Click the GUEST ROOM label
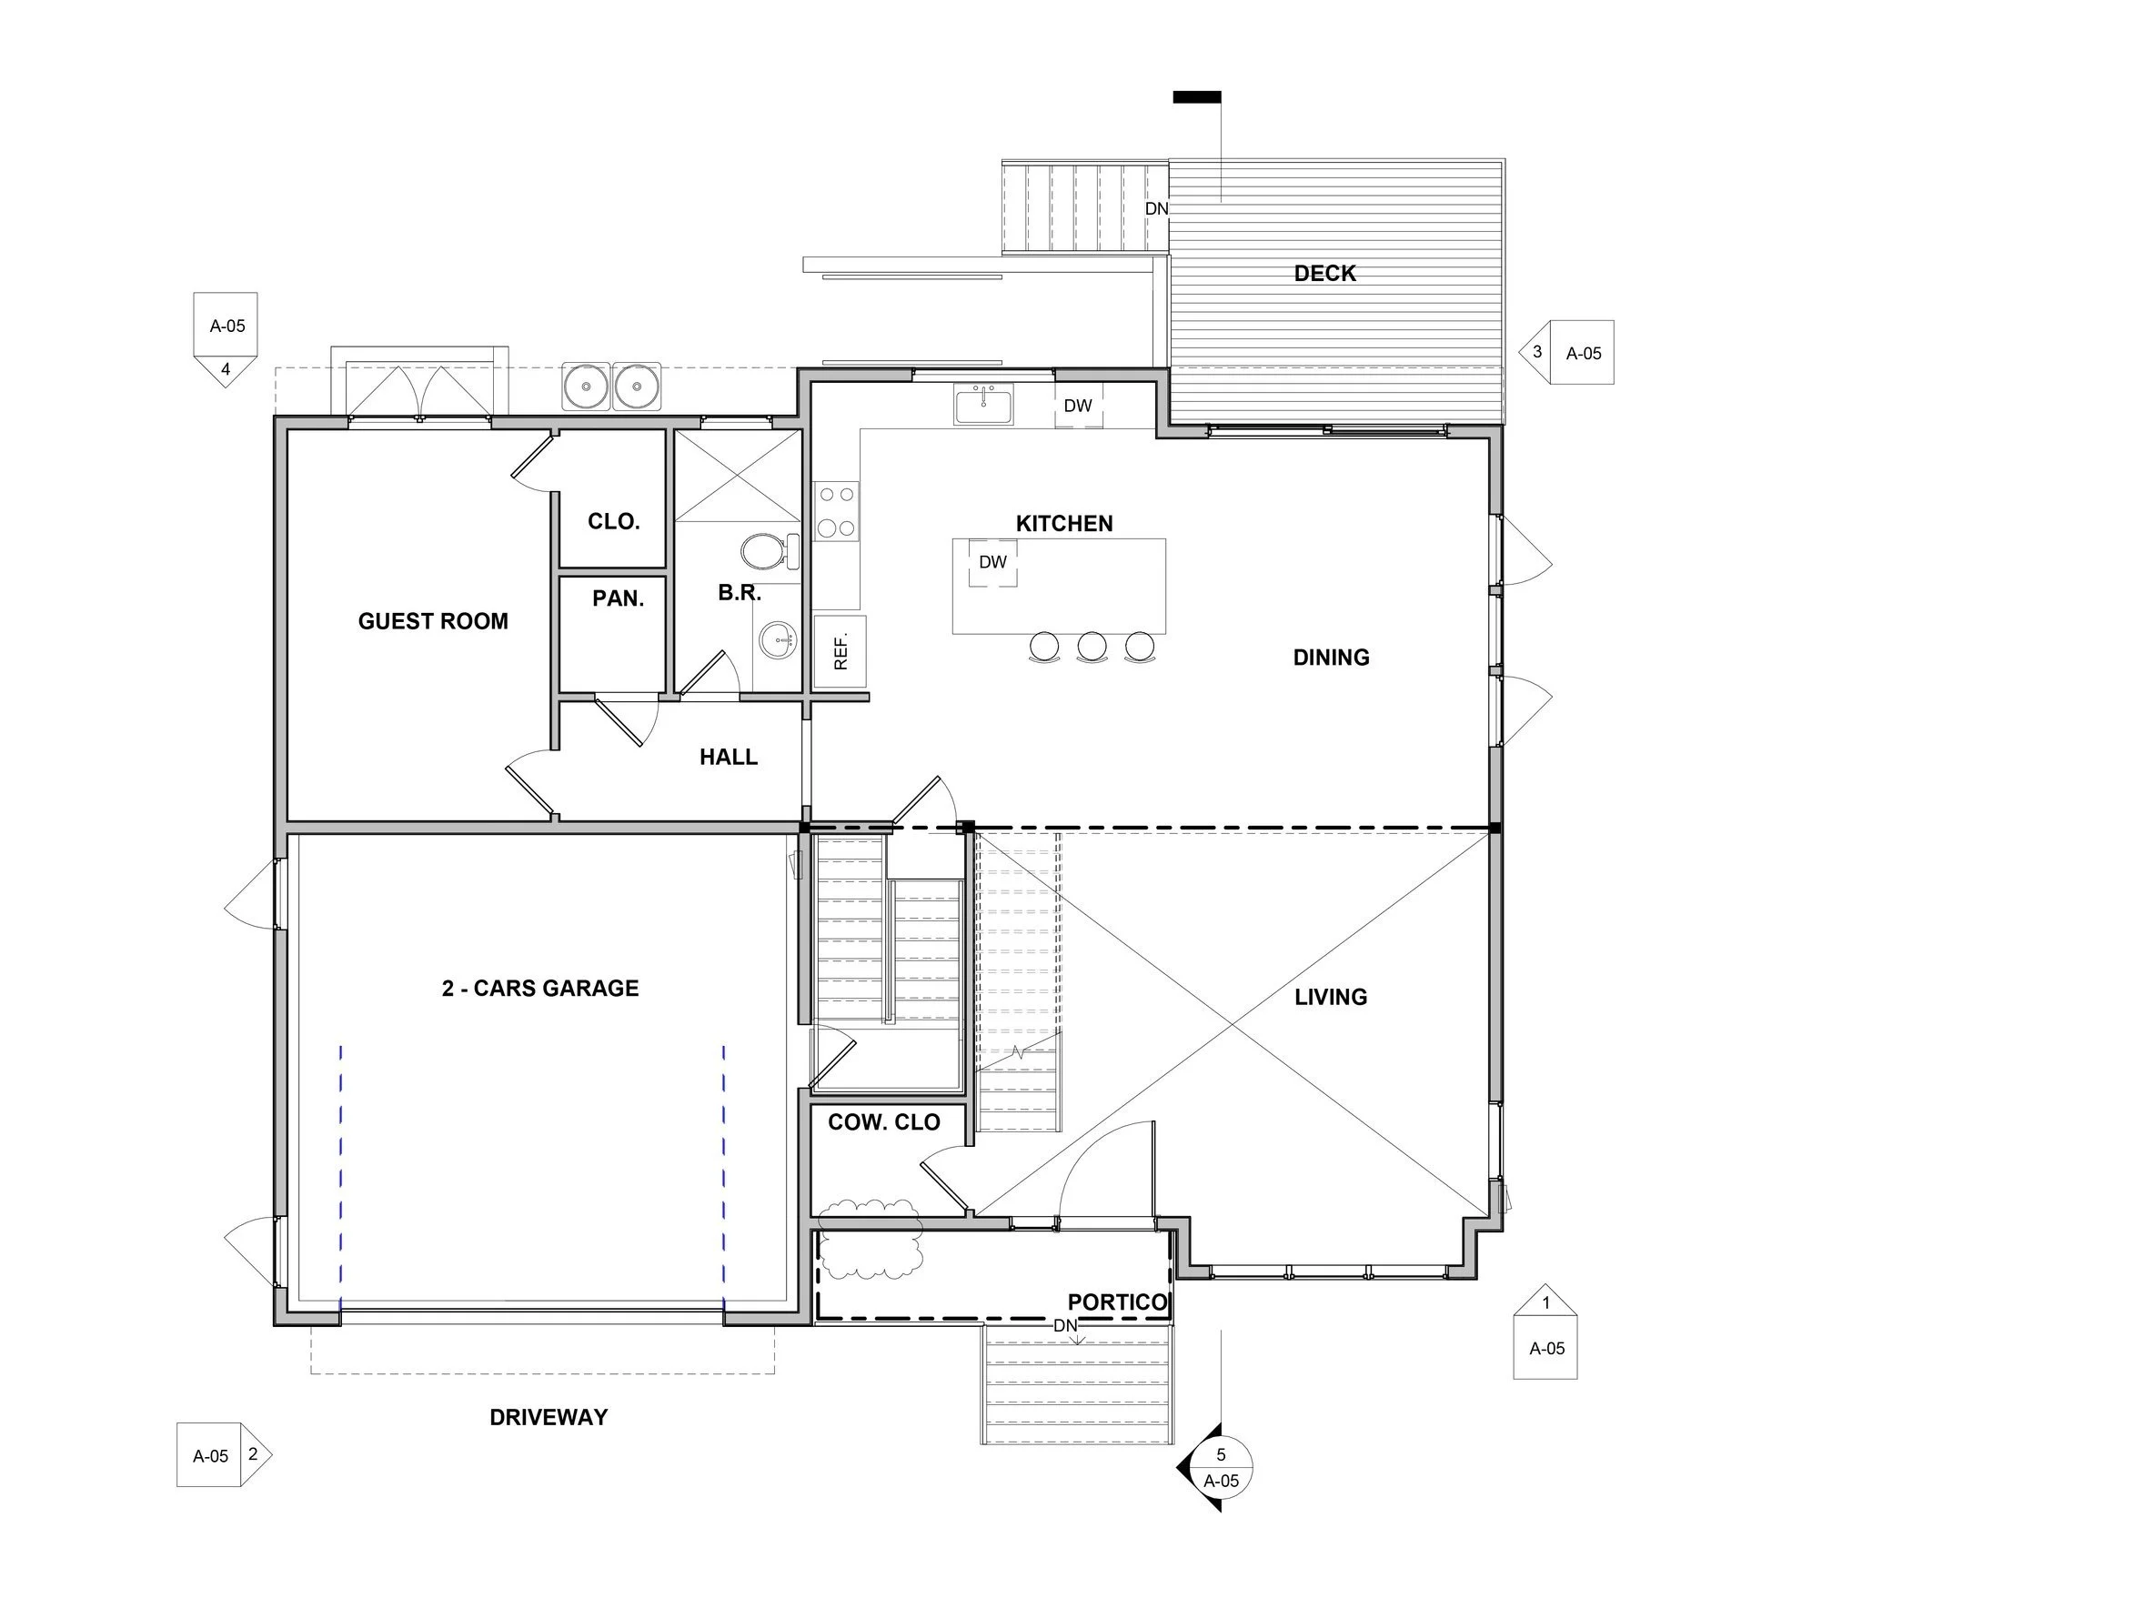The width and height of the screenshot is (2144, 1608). (x=433, y=621)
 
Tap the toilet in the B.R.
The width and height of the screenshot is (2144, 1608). (x=770, y=551)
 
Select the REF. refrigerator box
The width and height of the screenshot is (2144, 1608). (x=840, y=651)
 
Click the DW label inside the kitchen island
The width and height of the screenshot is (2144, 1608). (x=992, y=562)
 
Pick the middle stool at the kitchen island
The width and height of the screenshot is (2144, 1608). (x=1092, y=647)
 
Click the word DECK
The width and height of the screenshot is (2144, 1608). (x=1325, y=274)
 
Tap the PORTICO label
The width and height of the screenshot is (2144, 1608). (x=1118, y=1301)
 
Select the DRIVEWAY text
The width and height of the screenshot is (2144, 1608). (x=549, y=1417)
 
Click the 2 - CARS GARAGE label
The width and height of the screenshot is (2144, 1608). (x=540, y=988)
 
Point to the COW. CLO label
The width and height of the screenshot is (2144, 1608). (x=884, y=1122)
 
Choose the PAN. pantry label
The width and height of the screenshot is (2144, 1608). (x=619, y=599)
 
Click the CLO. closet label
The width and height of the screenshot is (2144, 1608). (x=613, y=521)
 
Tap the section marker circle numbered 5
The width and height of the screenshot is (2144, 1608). (x=1222, y=1466)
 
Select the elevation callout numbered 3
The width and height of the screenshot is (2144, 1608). (x=1566, y=352)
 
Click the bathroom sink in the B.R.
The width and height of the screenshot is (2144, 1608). (x=778, y=639)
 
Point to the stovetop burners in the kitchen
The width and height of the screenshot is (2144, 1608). (x=836, y=511)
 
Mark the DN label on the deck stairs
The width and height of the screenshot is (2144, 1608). (x=1156, y=208)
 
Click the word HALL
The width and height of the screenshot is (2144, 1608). (x=729, y=757)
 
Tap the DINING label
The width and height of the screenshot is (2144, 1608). (x=1331, y=658)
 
